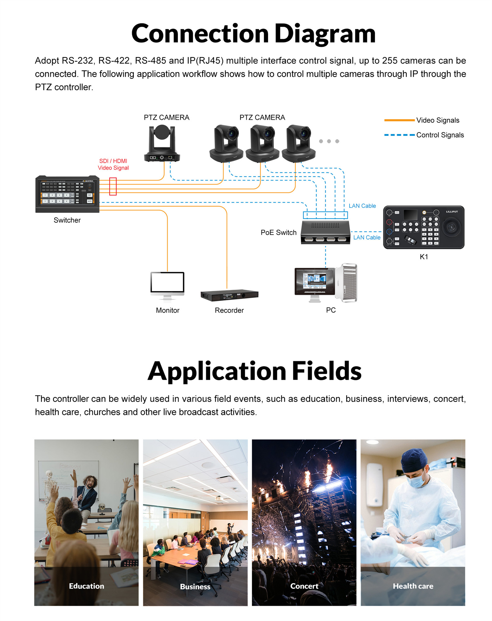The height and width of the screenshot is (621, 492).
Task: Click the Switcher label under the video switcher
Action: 67,220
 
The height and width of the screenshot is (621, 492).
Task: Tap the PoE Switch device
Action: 325,232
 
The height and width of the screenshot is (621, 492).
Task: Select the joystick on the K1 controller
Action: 451,226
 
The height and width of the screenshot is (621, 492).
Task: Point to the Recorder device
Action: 229,295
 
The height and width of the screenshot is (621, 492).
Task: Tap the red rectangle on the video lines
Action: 113,186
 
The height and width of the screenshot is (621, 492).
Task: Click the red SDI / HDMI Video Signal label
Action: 113,164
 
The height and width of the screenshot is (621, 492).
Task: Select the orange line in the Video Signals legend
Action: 399,120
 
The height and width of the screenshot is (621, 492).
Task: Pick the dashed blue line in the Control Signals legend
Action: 399,135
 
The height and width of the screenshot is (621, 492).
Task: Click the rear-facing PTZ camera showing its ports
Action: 162,143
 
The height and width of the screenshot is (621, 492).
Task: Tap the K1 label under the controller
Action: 424,257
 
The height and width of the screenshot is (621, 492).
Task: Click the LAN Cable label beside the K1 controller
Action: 367,238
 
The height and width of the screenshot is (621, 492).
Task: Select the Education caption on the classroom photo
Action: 86,586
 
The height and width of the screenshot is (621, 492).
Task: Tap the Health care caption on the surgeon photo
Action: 413,586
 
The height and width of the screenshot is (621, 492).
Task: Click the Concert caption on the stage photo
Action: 304,586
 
